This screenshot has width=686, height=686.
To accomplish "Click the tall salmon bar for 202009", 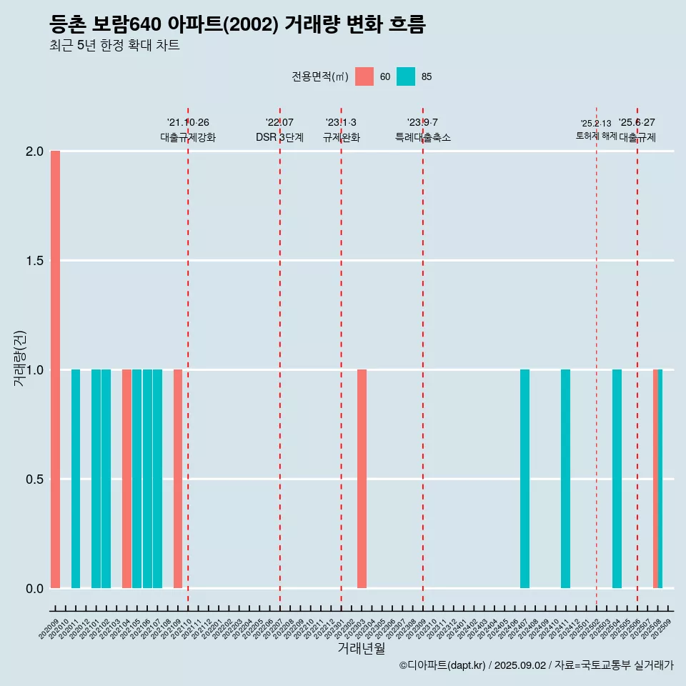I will click(55, 369).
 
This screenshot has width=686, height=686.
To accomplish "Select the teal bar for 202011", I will click(76, 479).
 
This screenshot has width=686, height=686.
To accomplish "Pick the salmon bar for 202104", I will click(126, 479).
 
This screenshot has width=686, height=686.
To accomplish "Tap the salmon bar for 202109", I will click(178, 479).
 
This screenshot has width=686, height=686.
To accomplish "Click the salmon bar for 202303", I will click(362, 479).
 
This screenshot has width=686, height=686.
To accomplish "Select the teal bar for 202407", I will click(525, 479).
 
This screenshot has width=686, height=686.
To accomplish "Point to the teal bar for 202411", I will click(565, 479).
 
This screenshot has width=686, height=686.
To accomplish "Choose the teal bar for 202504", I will click(617, 479).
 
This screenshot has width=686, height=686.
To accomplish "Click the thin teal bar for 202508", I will click(660, 479).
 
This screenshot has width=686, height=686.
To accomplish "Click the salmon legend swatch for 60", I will click(364, 76).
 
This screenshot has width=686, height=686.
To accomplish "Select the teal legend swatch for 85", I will click(406, 76).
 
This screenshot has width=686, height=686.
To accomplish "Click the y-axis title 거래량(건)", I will click(19, 359).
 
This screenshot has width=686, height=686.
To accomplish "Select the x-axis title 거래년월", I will click(361, 649).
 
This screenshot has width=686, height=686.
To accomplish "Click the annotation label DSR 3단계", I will click(279, 137).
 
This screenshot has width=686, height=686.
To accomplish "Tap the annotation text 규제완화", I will click(341, 137).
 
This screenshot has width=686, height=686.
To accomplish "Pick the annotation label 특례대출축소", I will click(423, 137).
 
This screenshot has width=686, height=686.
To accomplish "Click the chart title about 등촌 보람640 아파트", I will click(237, 25).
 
